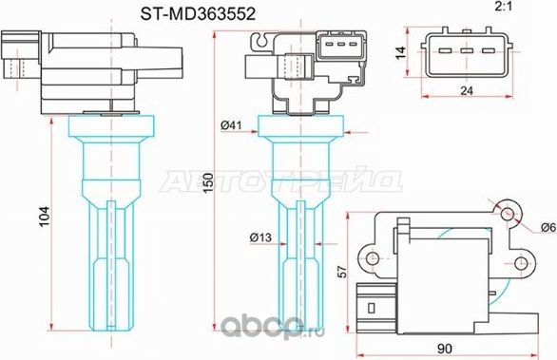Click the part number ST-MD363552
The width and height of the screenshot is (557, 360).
186,13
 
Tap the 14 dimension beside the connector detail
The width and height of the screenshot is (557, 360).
403,53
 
